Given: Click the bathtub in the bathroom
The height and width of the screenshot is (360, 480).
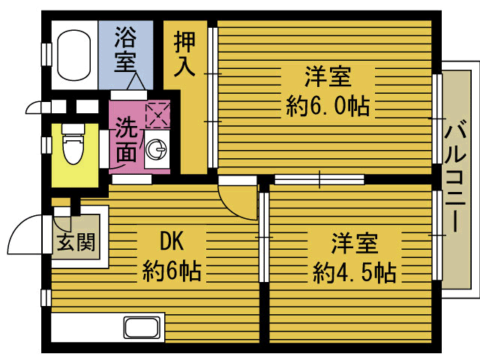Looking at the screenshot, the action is click(74, 55).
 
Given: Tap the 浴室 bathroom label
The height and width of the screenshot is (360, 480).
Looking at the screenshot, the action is click(125, 49).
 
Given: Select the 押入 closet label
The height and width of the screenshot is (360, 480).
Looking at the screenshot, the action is click(184, 54).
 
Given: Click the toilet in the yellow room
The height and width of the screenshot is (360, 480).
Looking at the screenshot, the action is click(73, 143).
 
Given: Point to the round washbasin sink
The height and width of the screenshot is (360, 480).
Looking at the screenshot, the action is click(157, 149).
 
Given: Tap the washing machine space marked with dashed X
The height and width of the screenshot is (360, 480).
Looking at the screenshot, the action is click(157, 115).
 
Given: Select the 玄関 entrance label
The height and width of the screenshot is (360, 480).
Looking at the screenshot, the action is click(76, 242).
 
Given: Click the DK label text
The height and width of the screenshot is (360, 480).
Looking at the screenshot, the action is click(172, 241).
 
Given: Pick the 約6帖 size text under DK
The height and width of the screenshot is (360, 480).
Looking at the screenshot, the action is click(172, 271).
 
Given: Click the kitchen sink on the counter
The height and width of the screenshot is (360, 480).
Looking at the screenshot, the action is click(142, 327).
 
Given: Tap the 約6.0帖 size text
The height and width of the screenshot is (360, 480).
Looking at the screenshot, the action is click(328, 106).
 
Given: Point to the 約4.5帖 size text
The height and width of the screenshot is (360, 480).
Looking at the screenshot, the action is click(355, 272).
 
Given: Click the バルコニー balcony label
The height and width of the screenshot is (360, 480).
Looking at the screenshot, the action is click(455, 176).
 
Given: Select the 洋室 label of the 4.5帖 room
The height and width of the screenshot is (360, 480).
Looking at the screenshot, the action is click(355, 244).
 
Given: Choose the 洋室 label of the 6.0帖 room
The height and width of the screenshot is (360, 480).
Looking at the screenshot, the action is click(328, 76).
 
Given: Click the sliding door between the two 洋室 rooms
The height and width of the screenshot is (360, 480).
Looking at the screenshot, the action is click(319, 179).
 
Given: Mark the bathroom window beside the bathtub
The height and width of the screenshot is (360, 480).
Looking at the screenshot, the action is click(46, 55).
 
